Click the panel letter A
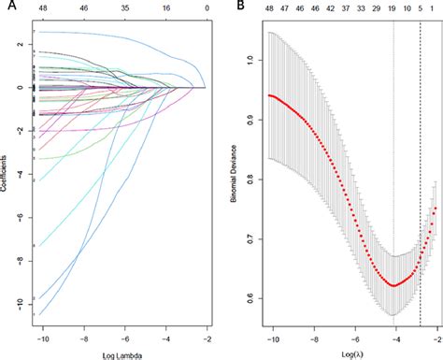[x=7, y=7]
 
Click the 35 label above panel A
[x=123, y=7]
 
